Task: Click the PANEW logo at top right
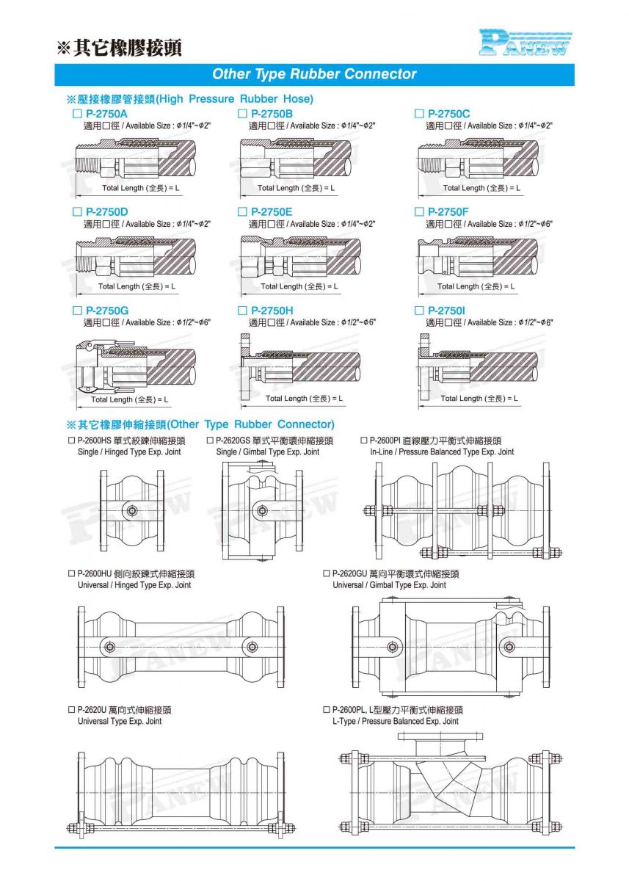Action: coord(525,43)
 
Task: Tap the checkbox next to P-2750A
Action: coord(76,115)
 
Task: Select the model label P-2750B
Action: coord(272,114)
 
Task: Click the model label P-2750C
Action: coord(448,114)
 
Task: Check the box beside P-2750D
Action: coord(76,212)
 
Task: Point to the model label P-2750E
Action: coord(272,212)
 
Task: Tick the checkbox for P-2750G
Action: coord(76,311)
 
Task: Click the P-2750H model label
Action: coord(272,311)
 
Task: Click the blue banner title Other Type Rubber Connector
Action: coord(314,74)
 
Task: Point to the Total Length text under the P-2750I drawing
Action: coord(479,399)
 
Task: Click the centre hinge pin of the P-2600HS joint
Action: coord(131,511)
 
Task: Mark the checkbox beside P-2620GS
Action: coord(210,440)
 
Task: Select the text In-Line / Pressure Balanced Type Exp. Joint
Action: coord(442,452)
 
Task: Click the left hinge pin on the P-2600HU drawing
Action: coord(109,647)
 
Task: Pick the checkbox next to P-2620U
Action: coord(71,710)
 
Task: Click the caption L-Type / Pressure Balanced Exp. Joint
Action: coord(396,722)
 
